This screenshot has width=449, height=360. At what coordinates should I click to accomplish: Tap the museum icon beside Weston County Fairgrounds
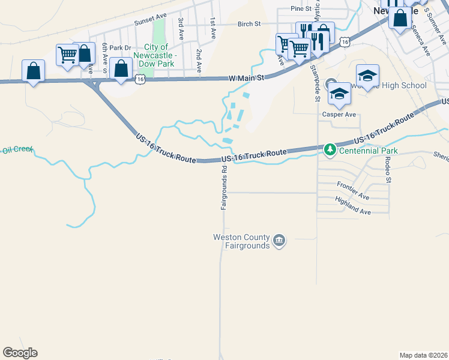pos(279,241)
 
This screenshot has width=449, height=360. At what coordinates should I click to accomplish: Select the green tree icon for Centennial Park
pos(330,149)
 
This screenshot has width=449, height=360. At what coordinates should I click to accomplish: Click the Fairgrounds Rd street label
pos(223,187)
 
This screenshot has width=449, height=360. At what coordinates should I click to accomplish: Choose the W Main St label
pos(247,78)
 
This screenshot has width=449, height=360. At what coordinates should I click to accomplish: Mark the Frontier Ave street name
pos(352,190)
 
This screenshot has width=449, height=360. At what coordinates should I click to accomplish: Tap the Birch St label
pos(249,24)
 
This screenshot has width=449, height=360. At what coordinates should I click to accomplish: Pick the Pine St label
pos(301,8)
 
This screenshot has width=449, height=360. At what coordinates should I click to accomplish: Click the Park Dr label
pos(120,48)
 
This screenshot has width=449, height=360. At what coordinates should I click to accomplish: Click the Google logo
pos(20,353)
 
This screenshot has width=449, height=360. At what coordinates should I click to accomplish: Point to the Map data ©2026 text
pos(424,355)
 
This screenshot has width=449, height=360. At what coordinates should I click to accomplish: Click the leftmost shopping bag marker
pos(33,71)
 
